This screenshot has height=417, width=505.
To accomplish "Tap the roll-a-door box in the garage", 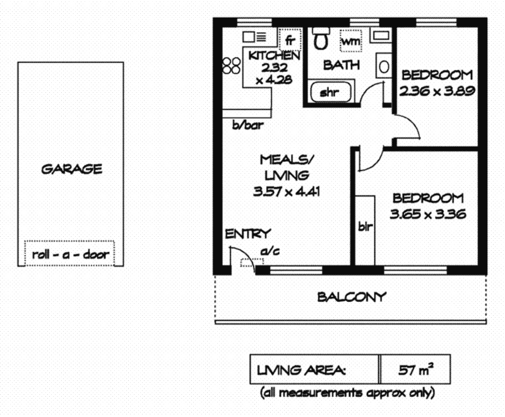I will click(70, 255).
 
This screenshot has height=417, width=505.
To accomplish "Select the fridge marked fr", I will click(290, 40).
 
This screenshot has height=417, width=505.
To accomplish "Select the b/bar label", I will click(247, 125).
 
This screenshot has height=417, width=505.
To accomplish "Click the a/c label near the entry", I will click(270, 251).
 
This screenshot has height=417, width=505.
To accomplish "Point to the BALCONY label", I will click(351, 296).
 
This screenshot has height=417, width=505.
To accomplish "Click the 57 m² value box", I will click(415, 370).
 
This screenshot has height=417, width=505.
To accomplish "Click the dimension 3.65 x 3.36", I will click(427, 214).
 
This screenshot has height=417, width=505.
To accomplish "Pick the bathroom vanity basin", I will click(383, 64).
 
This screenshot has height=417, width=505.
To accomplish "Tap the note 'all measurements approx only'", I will click(347, 392).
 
